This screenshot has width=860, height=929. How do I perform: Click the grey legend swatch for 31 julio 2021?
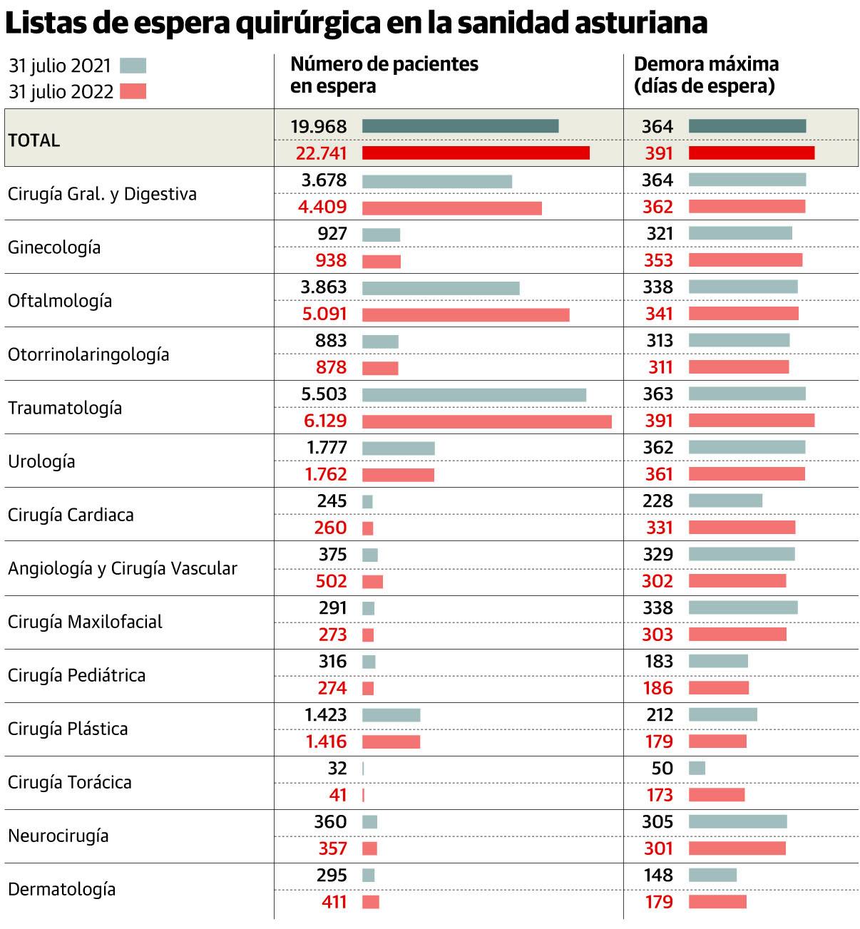point(133,66)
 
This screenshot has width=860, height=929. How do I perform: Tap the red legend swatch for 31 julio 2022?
point(133,91)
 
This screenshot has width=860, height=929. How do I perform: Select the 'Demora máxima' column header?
point(705,75)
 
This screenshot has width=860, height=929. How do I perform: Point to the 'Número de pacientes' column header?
point(384,75)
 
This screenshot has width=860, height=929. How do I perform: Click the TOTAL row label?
point(34,140)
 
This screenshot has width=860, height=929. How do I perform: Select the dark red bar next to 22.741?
point(476,153)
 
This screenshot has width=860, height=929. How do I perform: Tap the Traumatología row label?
point(65,408)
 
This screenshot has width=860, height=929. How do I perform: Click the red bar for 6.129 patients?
point(486,421)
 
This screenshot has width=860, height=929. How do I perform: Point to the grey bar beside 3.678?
point(436,181)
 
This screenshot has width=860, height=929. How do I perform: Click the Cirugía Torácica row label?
point(70,782)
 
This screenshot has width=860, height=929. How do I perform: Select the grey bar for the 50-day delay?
point(697,768)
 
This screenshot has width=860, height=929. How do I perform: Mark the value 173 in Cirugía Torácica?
point(658,795)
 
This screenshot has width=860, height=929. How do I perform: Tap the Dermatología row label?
point(61,889)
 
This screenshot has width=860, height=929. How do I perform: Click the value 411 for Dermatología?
point(333,902)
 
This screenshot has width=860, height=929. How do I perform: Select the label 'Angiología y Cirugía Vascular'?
point(123,568)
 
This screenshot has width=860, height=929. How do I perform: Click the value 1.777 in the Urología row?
point(327,448)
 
